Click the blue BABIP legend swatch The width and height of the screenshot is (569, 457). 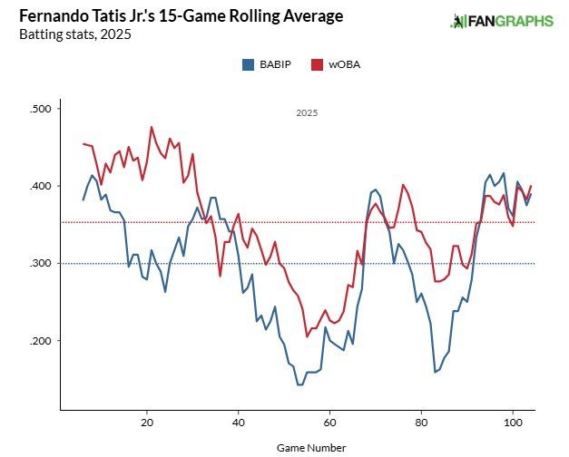pos(248,64)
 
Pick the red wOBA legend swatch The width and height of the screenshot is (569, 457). pos(318,64)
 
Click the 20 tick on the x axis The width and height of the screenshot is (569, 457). pos(147,423)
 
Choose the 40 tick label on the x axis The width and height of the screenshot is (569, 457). pos(239,423)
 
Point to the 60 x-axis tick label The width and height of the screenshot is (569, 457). pos(330,423)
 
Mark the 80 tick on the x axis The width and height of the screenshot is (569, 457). pos(421,423)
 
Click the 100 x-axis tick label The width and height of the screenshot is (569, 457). pos(513,423)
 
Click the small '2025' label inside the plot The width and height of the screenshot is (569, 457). pos(307,113)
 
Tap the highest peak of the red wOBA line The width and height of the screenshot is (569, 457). pos(152,127)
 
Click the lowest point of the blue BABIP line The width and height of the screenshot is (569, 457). pos(299,384)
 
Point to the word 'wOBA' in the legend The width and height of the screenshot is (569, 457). pos(345,64)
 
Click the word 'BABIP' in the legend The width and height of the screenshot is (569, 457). pos(275,64)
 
